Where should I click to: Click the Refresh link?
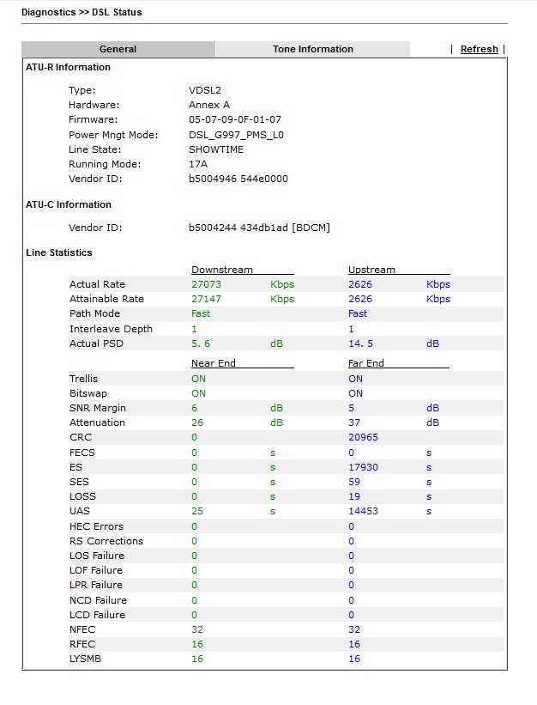479,49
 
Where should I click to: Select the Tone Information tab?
312,49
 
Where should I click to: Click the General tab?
118,49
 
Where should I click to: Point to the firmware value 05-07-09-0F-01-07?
234,119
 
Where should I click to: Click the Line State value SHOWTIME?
216,149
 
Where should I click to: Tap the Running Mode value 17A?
198,164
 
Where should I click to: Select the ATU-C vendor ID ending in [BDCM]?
259,228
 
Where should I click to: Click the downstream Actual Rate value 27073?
206,284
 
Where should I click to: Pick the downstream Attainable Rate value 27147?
206,299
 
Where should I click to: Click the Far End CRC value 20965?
363,437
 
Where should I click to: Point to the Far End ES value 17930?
363,467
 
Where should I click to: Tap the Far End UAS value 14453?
363,512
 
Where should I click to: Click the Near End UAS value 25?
196,512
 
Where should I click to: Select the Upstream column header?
371,270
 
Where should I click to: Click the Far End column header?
366,363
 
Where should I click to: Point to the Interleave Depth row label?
111,329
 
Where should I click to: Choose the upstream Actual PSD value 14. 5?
360,343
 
